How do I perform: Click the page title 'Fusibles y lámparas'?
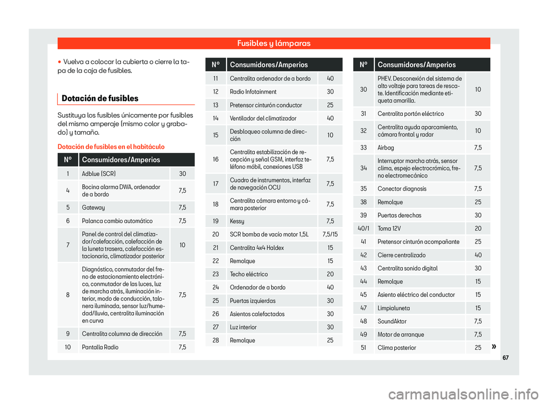click(x=273, y=43)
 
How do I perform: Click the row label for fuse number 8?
click(x=68, y=294)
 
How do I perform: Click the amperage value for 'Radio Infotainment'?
click(x=331, y=91)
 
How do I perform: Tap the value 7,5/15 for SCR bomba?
click(x=331, y=234)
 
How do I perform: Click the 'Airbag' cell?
click(x=386, y=148)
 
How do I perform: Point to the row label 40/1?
click(x=363, y=228)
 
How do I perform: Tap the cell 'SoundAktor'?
click(x=392, y=321)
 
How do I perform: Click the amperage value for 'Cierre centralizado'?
click(x=478, y=254)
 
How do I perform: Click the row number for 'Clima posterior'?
click(x=363, y=348)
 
